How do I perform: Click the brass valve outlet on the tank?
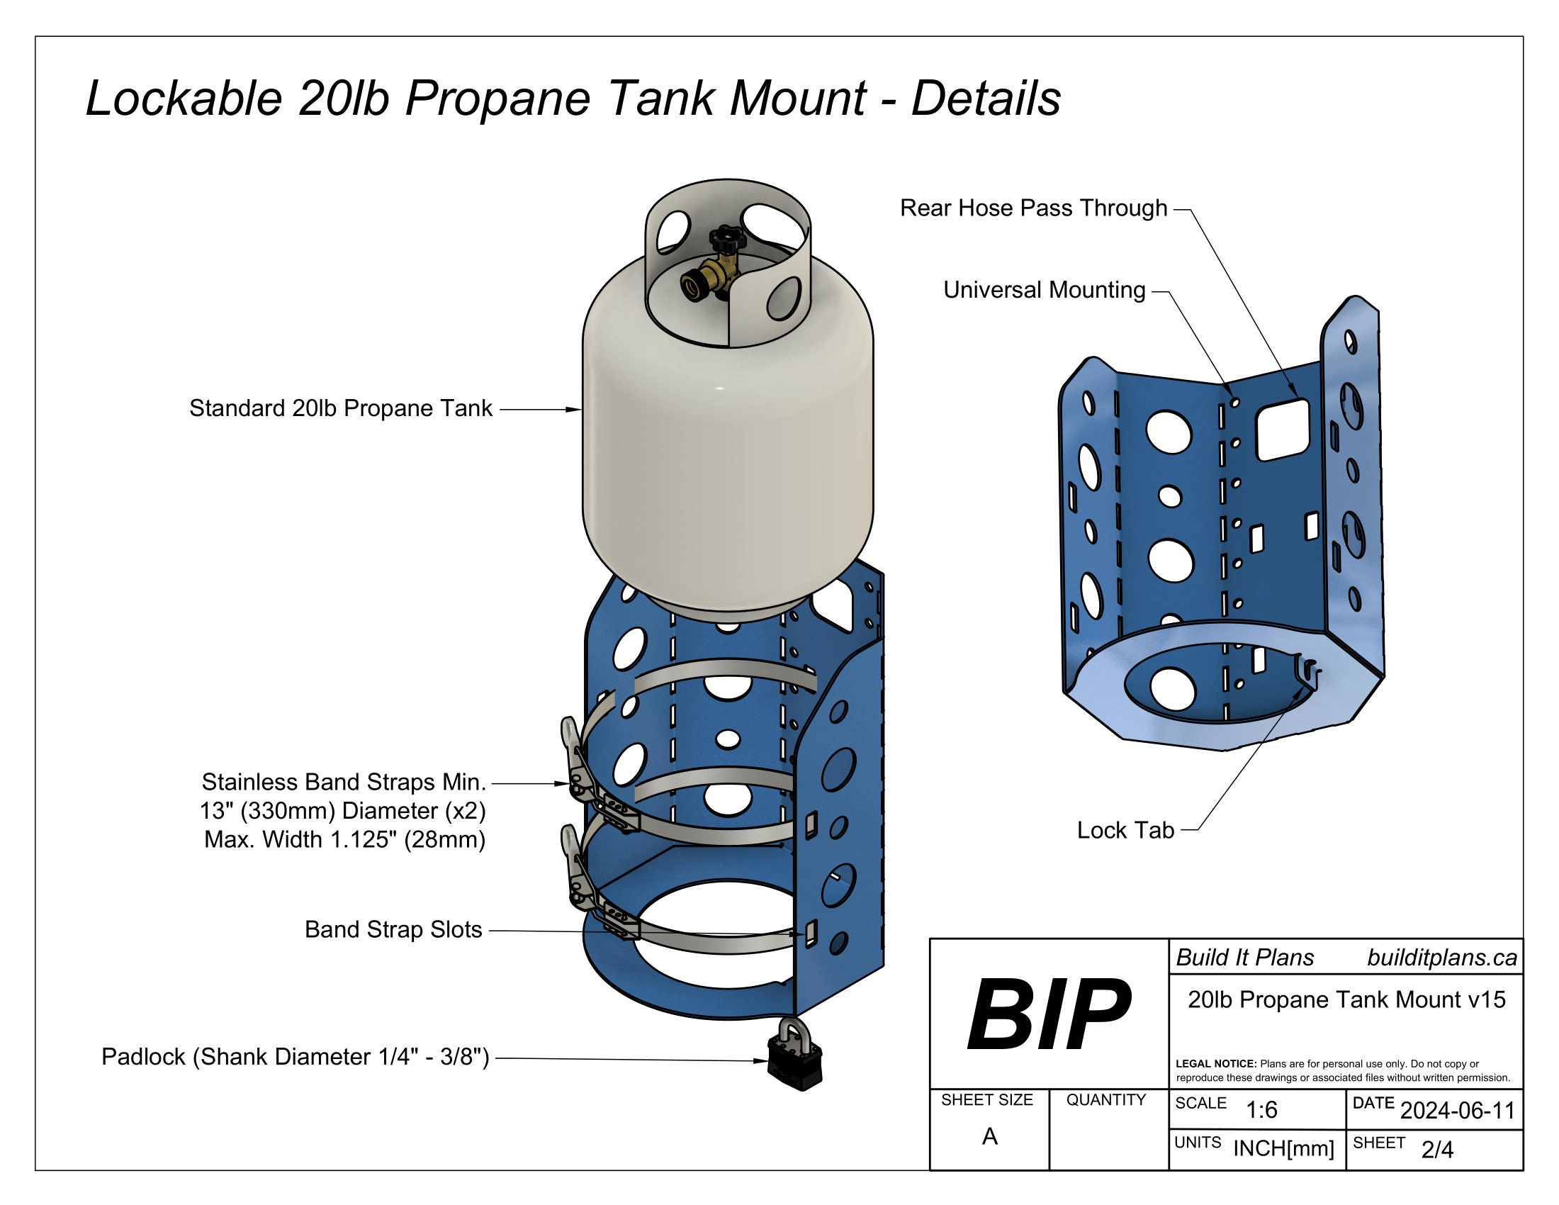tap(693, 286)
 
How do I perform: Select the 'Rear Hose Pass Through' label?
tap(1033, 208)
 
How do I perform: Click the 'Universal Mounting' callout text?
tap(1044, 290)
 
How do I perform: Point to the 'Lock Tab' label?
tap(1125, 830)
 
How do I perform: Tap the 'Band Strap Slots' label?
tap(393, 929)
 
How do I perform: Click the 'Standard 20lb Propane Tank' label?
tap(340, 408)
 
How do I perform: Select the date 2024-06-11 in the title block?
tap(1457, 1111)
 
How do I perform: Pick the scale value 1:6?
tap(1261, 1110)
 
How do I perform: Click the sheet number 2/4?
tap(1437, 1149)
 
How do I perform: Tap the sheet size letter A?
tap(989, 1136)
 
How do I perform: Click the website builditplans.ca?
tap(1442, 958)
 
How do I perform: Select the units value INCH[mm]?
tap(1283, 1148)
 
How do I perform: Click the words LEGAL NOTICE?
tap(1215, 1064)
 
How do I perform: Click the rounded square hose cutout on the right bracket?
tap(1282, 430)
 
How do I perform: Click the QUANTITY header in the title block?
tap(1105, 1100)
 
